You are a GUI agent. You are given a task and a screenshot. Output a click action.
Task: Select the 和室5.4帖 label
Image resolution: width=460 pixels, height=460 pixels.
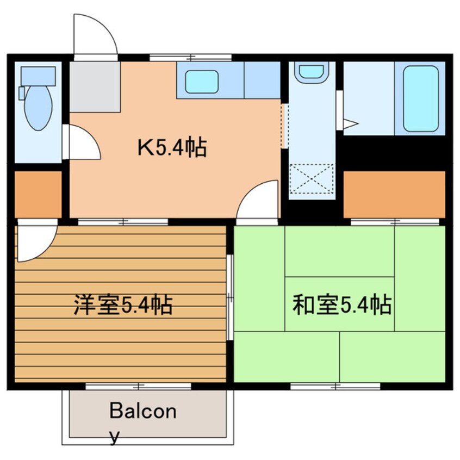tap(342, 305)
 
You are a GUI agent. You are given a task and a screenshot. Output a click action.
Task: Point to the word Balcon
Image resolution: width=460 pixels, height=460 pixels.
tap(143, 411)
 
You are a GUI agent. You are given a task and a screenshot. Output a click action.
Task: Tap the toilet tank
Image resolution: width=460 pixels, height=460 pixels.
tap(38, 75)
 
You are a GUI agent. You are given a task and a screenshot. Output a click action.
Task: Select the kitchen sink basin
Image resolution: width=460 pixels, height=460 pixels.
tap(202, 82)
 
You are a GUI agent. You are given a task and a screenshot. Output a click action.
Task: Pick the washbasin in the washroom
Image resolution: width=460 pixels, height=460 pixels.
tap(311, 72)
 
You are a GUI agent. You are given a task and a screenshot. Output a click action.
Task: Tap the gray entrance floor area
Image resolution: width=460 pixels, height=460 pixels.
tap(95, 86)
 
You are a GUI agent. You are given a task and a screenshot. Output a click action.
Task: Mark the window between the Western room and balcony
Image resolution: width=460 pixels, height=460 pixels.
tap(138, 386)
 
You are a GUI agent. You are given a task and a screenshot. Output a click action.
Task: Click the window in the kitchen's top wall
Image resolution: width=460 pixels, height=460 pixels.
tap(190, 57)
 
